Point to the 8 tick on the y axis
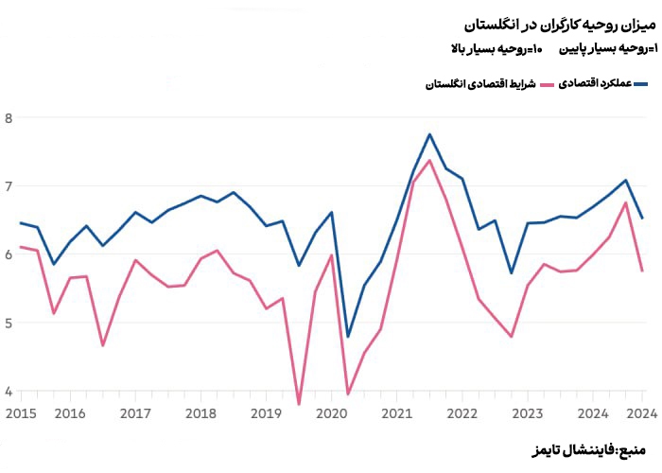(9, 118)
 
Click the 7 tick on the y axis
(9, 186)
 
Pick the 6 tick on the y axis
(9, 254)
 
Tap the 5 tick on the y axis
(9, 323)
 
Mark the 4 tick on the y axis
(9, 391)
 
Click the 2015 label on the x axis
(20, 413)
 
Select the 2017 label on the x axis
(135, 413)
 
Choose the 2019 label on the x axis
(266, 413)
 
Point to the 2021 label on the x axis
(396, 413)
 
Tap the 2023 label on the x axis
(527, 413)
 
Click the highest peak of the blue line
(429, 134)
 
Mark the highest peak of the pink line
(429, 160)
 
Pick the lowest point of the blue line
(348, 337)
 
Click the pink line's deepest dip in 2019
(299, 404)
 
